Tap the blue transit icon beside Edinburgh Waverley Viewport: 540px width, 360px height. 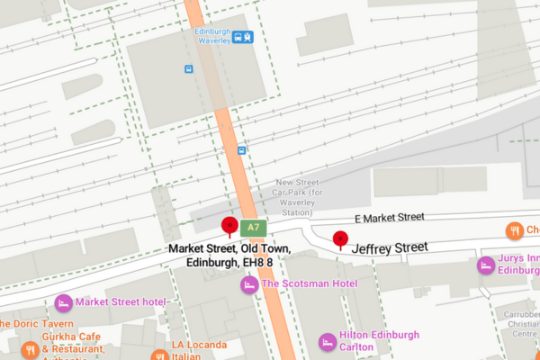coord(242,37)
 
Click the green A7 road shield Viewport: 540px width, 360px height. coord(253,228)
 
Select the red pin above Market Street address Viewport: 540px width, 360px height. coord(229,225)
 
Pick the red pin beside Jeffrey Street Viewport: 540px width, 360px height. coord(340,239)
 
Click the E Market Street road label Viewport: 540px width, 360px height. coord(389,217)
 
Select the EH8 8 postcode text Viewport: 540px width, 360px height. coord(256,263)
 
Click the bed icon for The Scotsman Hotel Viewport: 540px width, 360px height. coord(248,284)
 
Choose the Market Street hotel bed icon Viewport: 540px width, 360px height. coord(63,301)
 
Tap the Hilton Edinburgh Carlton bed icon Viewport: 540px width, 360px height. coord(327,341)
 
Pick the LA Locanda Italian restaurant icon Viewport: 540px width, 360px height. coord(159,355)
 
